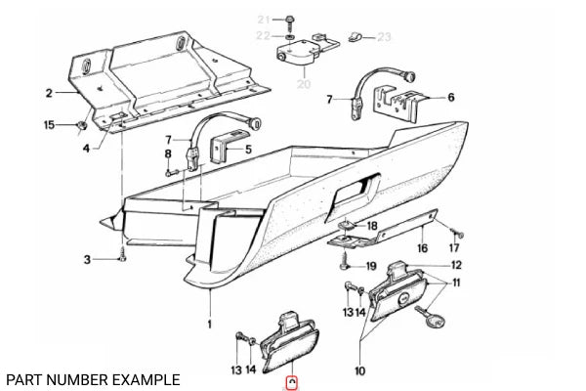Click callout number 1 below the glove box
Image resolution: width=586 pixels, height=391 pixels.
tap(209, 321)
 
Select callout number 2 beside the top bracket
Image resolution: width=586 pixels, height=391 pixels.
tap(47, 94)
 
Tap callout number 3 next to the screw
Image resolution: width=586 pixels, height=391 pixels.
tap(87, 259)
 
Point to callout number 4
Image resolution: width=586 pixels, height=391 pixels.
tap(86, 149)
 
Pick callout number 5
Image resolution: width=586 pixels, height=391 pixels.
tap(248, 150)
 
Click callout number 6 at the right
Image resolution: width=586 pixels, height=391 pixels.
tap(451, 98)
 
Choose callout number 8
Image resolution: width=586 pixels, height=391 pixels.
tap(168, 153)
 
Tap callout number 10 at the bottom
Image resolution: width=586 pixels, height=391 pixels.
tap(358, 371)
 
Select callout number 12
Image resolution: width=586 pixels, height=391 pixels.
tap(456, 266)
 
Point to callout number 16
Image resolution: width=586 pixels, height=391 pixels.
tap(422, 248)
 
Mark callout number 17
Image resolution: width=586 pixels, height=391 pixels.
tap(453, 248)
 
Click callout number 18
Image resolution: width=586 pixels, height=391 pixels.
tap(371, 227)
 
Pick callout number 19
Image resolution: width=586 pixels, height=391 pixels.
tap(371, 266)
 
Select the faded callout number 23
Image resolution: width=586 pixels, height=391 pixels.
tap(384, 37)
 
